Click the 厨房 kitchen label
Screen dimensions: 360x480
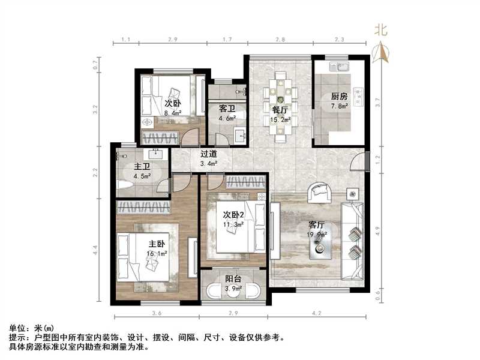click(340, 97)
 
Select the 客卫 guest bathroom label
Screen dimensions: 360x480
click(227, 109)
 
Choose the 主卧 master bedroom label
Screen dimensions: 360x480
click(157, 244)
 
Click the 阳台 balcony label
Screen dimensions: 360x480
click(233, 279)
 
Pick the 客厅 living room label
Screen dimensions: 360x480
click(316, 225)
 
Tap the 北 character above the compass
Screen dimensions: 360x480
click(380, 29)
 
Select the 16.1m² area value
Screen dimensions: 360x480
click(158, 254)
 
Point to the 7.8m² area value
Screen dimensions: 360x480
click(340, 107)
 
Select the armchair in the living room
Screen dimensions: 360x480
click(319, 193)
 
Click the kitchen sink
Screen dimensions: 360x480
click(344, 67)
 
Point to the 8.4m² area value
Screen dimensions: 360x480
click(173, 112)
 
